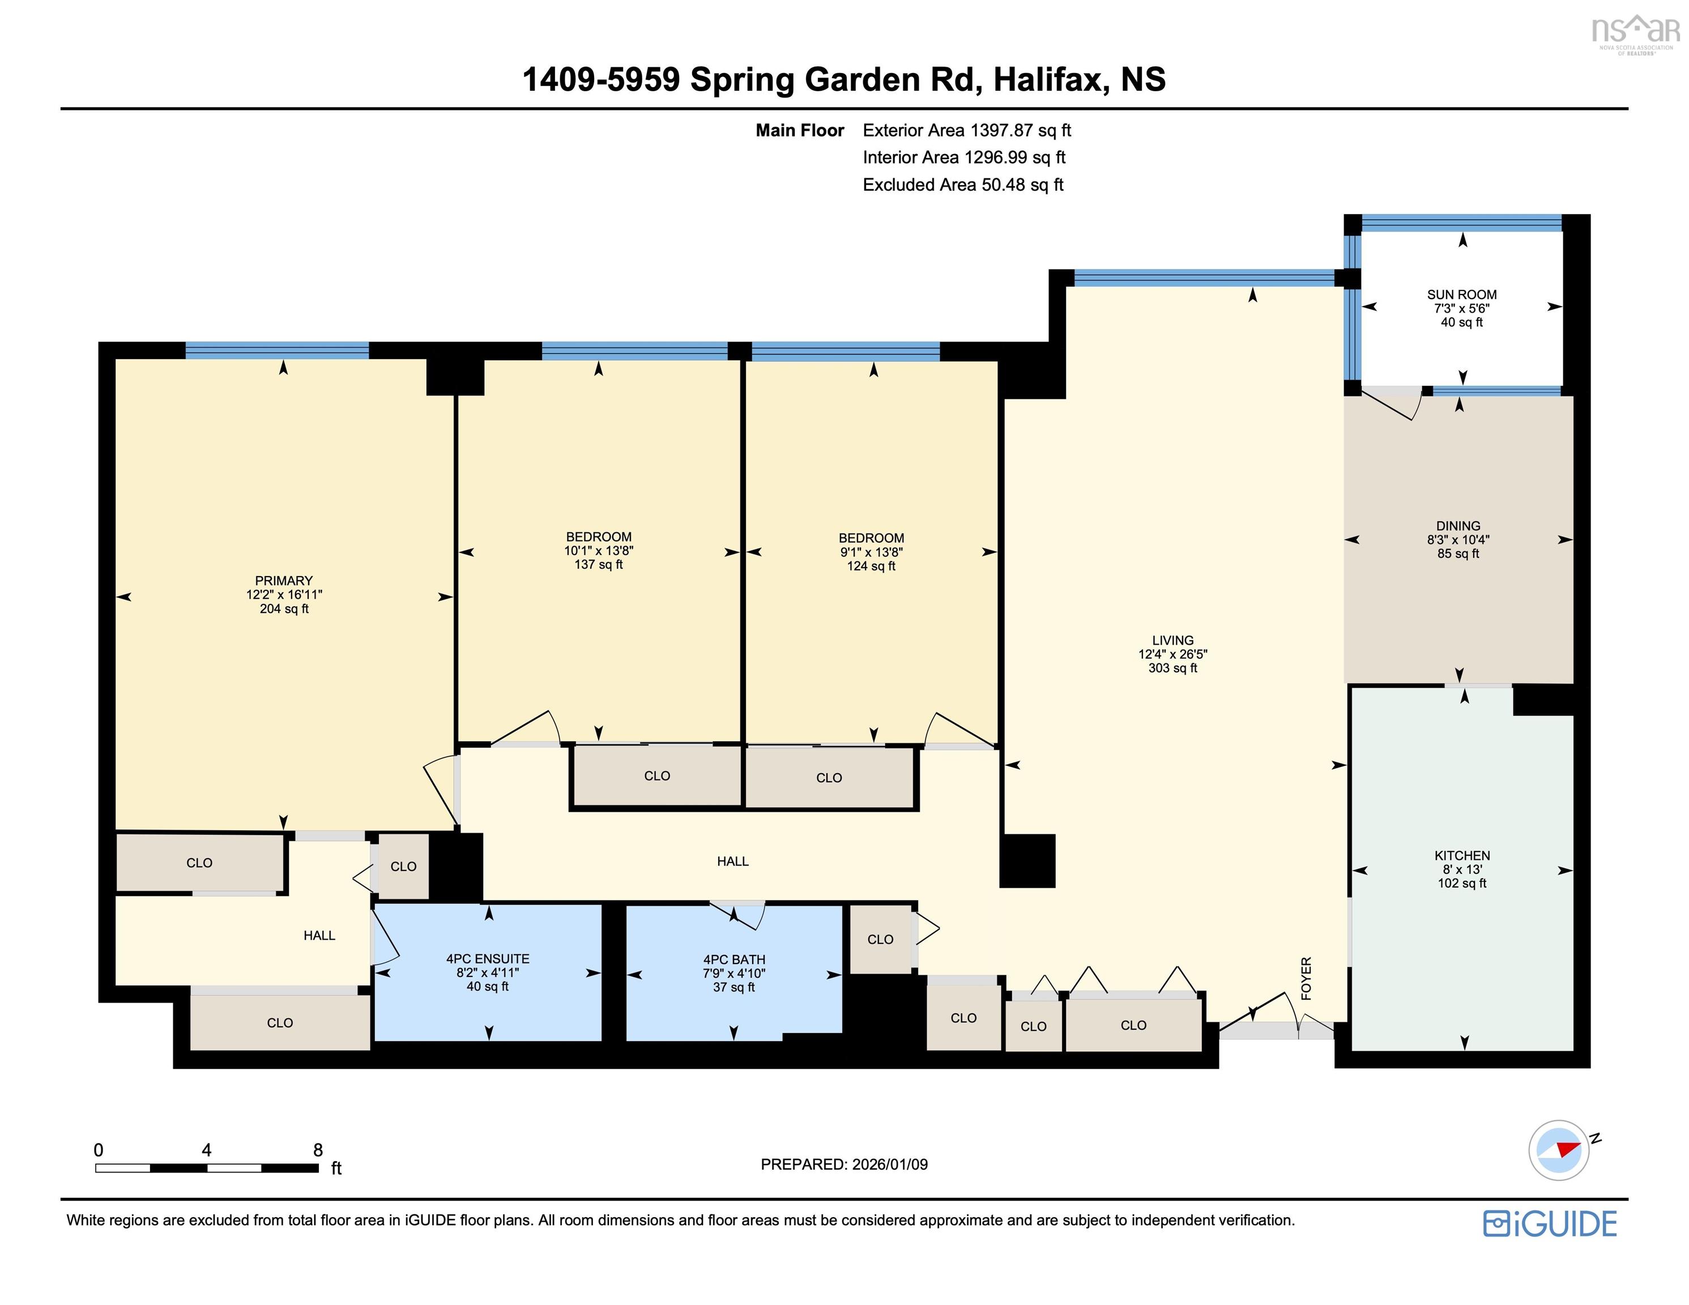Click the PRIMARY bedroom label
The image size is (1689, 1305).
pyautogui.click(x=284, y=581)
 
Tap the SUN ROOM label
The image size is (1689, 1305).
pyautogui.click(x=1462, y=295)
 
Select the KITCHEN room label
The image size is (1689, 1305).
pyautogui.click(x=1462, y=856)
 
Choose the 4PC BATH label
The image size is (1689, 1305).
pyautogui.click(x=734, y=960)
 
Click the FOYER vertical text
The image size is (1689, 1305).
pyautogui.click(x=1306, y=979)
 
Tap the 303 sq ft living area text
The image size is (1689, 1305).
pyautogui.click(x=1172, y=668)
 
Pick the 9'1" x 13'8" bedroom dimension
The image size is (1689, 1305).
pyautogui.click(x=872, y=552)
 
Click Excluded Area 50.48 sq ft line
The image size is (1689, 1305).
pyautogui.click(x=963, y=185)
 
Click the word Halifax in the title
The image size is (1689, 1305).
pyautogui.click(x=1048, y=80)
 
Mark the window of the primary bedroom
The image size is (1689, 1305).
pyautogui.click(x=277, y=351)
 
